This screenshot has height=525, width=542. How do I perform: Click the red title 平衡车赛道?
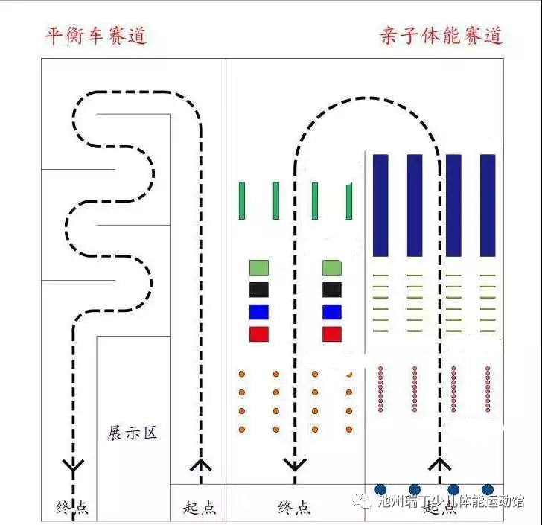(x=95, y=35)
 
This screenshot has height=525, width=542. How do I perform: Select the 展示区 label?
(x=133, y=433)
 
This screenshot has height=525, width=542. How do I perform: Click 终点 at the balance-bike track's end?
(x=72, y=508)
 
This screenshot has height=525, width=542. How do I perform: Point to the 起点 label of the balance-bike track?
(x=199, y=508)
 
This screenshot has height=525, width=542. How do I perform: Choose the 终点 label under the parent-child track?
(x=295, y=508)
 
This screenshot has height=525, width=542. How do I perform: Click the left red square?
(x=258, y=334)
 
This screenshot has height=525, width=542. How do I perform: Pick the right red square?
(x=331, y=334)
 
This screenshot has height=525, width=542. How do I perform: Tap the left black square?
(x=258, y=290)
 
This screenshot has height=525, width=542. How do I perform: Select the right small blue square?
(x=331, y=312)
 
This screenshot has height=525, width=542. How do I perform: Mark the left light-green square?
(x=258, y=267)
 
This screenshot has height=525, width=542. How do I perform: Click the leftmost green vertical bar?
(x=242, y=201)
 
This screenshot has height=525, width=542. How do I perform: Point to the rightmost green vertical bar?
(x=349, y=201)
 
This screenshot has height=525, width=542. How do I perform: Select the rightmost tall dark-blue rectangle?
(x=488, y=205)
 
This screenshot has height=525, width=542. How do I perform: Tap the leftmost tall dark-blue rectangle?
(x=380, y=205)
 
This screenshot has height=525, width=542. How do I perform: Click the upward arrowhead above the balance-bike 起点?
(x=200, y=466)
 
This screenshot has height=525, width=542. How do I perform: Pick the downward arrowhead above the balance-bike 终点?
(x=73, y=466)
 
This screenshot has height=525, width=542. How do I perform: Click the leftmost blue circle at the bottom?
(x=383, y=489)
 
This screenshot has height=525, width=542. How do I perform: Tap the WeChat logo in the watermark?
(x=364, y=500)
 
